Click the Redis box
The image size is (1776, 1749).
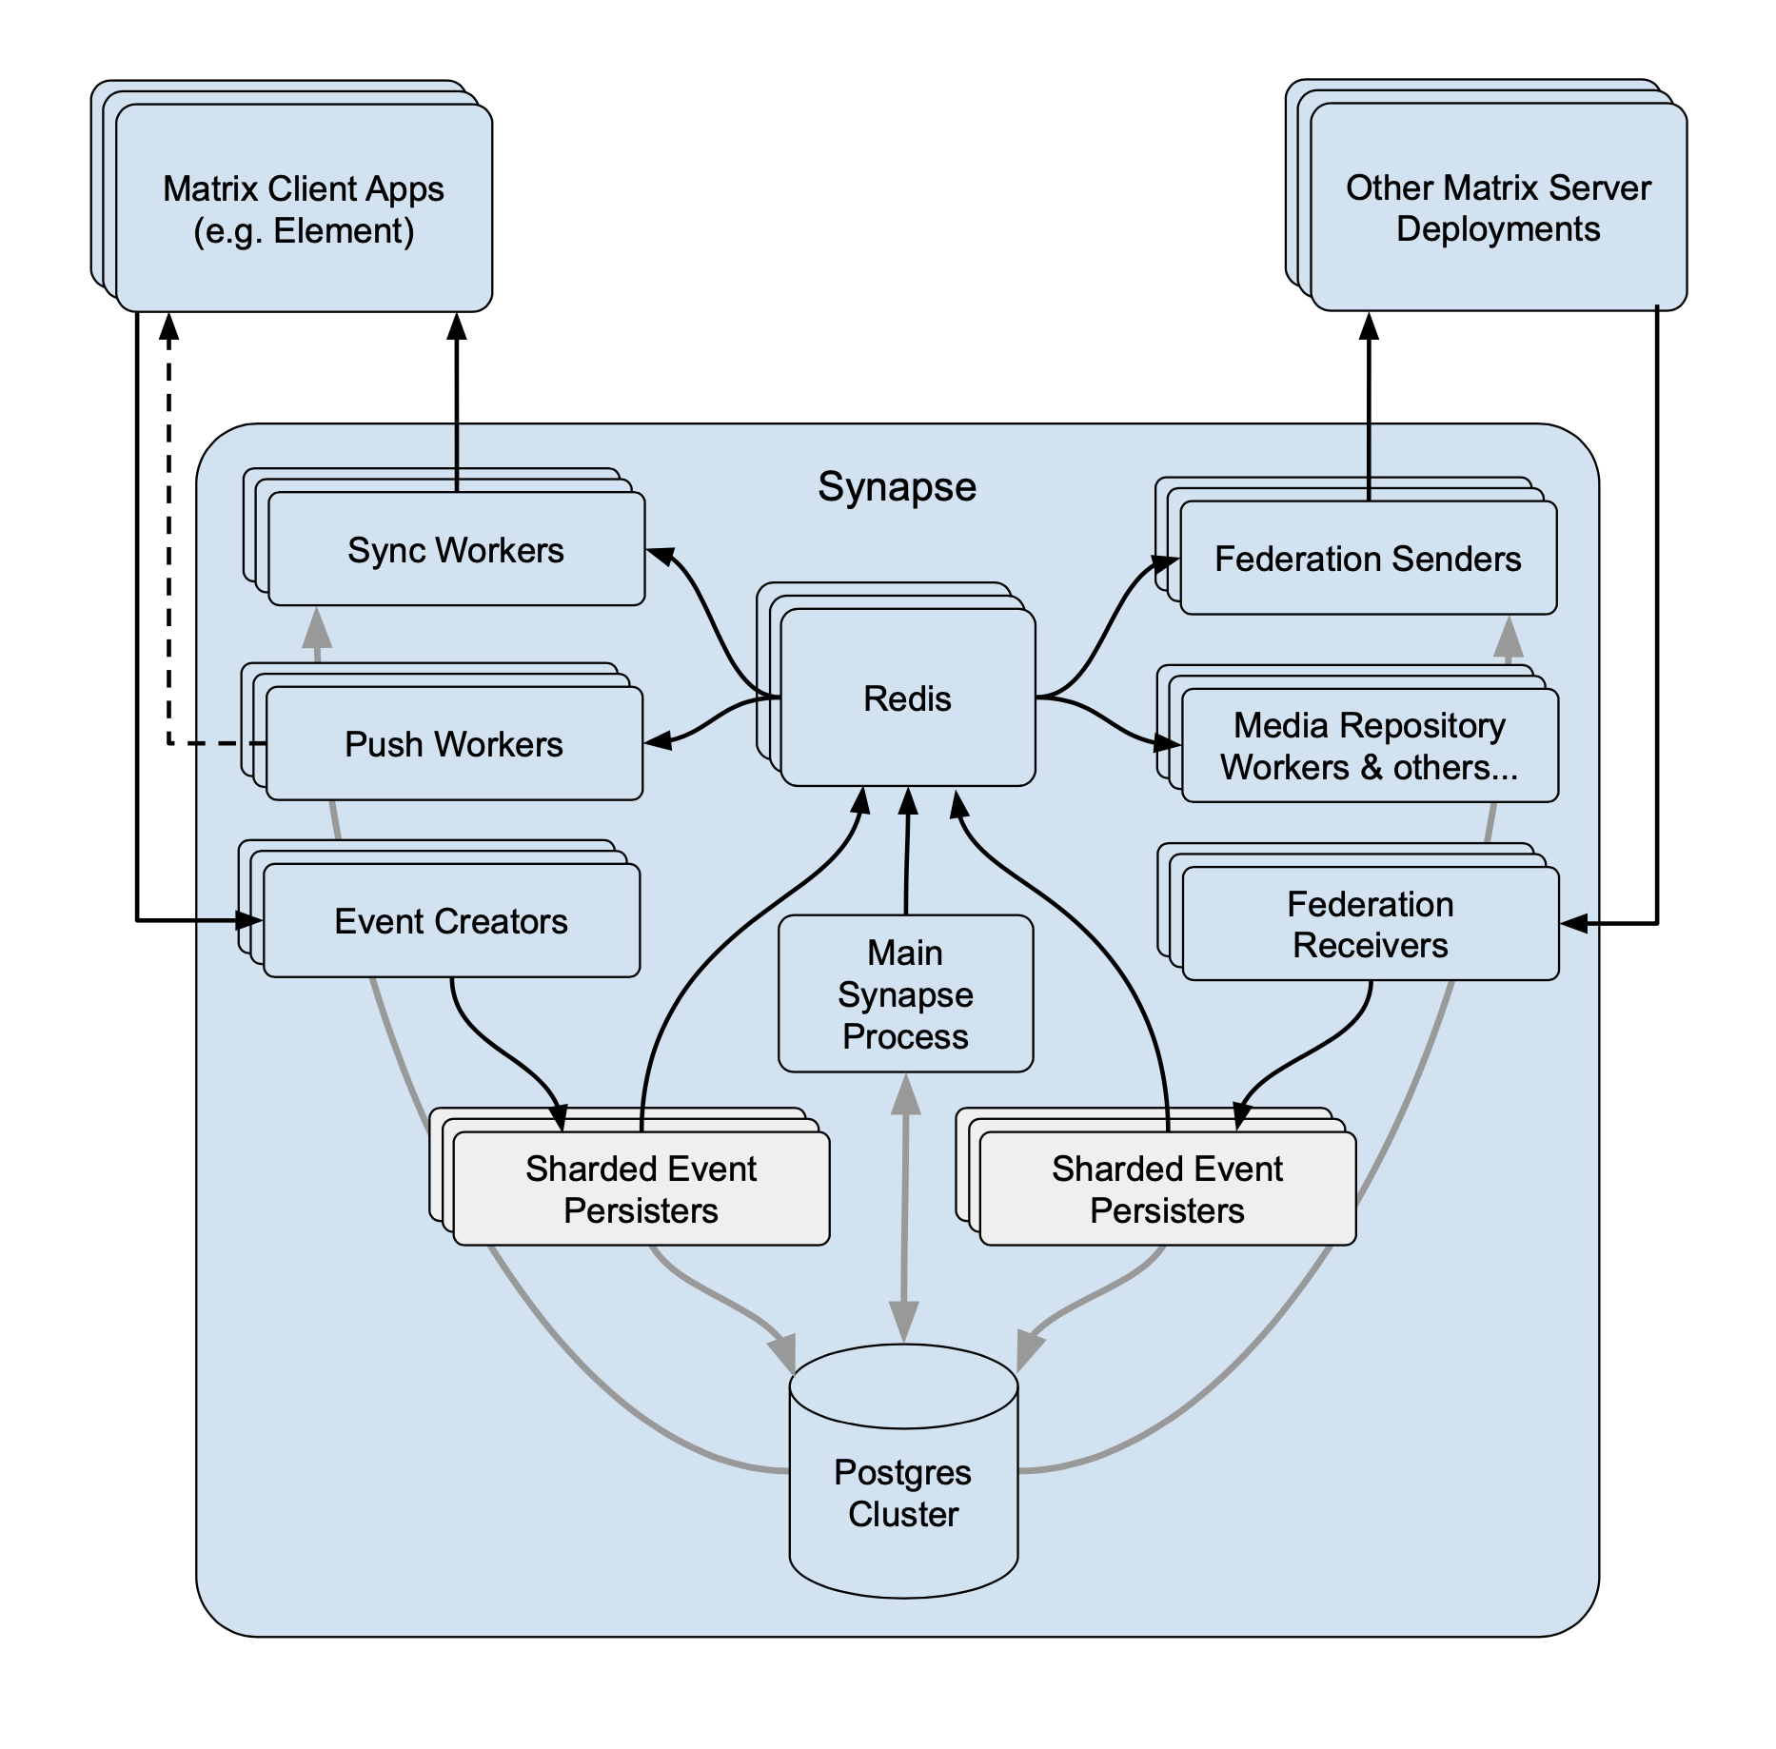click(907, 698)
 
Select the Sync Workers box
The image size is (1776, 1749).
click(456, 550)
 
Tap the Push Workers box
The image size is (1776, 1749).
click(454, 744)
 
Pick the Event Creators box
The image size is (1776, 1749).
click(451, 921)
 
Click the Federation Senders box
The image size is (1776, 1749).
click(1368, 559)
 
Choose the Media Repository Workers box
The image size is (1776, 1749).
click(1370, 746)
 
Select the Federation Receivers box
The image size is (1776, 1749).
click(1370, 924)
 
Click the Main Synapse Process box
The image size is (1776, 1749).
click(905, 994)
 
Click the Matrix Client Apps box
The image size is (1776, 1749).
click(304, 209)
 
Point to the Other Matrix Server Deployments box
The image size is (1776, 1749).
click(1498, 207)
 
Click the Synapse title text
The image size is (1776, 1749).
click(897, 487)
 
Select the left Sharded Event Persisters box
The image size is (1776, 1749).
click(641, 1189)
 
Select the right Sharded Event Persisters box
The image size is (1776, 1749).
click(1167, 1189)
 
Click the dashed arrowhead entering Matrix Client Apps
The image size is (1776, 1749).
click(168, 326)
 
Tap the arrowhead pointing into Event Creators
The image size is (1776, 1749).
click(249, 920)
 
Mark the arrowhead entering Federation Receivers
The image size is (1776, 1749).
click(1574, 923)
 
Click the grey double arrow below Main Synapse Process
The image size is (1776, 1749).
click(904, 1209)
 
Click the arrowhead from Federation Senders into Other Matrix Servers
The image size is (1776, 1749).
click(1369, 326)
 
